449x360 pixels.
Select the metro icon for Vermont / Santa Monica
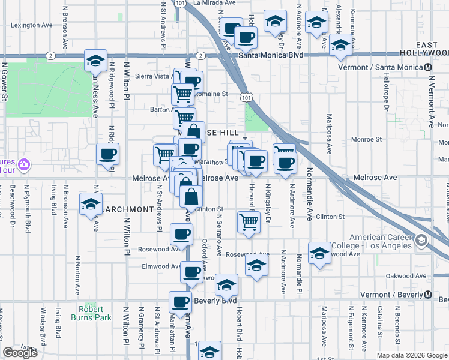[x=429, y=67]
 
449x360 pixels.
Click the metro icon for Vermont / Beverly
[x=428, y=295]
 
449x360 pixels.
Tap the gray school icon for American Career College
[x=421, y=241]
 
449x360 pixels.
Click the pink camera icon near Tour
[x=23, y=164]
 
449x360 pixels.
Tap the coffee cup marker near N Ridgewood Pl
[x=108, y=154]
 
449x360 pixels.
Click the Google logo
[x=20, y=352]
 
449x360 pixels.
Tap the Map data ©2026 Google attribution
[x=411, y=355]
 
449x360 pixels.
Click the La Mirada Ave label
[x=214, y=3]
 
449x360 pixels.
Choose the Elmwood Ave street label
[x=160, y=266]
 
